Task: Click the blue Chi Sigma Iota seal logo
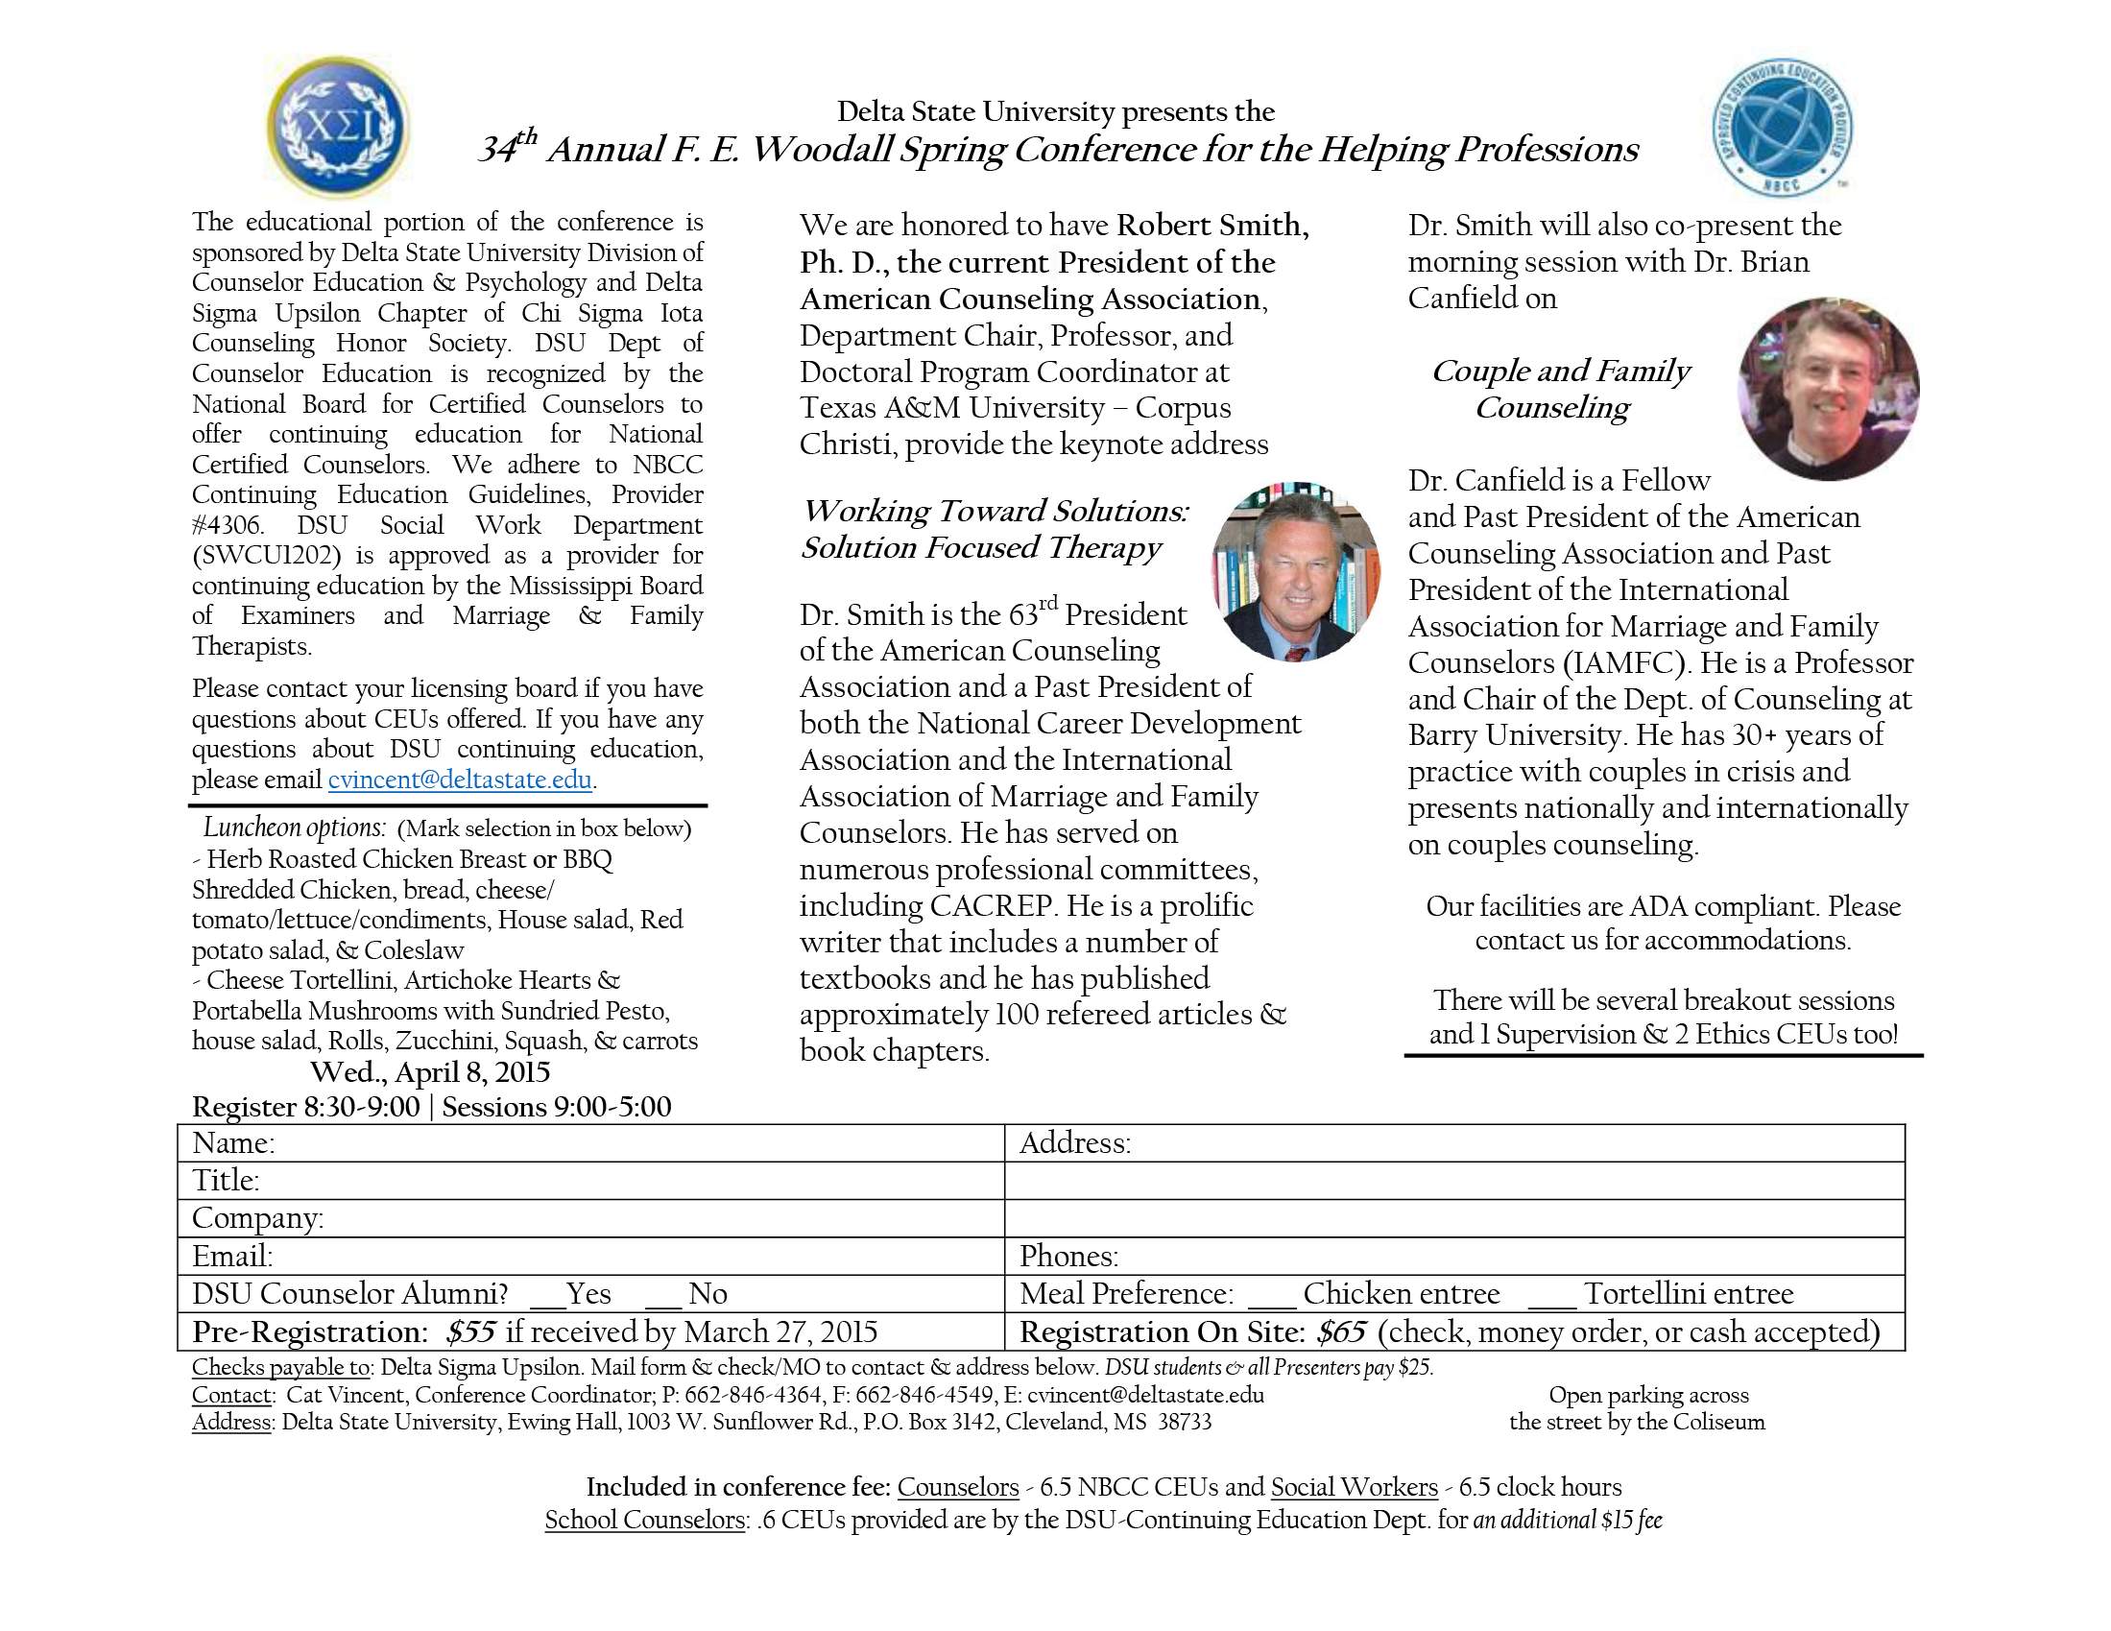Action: [337, 127]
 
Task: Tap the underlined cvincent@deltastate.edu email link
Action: [459, 780]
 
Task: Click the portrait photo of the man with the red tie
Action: [1295, 570]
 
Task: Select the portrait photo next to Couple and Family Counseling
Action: [1828, 389]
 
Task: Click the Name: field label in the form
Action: [234, 1143]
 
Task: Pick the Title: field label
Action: [227, 1181]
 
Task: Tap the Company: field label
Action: [258, 1218]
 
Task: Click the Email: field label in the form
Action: [233, 1256]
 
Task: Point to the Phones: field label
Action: [1069, 1256]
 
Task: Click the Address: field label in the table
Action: [1075, 1143]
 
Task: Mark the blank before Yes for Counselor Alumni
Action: [547, 1297]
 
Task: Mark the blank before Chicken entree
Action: [1270, 1297]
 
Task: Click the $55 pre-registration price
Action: [470, 1332]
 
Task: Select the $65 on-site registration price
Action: [1341, 1332]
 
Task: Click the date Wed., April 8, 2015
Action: [430, 1072]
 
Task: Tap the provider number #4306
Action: [227, 525]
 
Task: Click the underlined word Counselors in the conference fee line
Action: [958, 1487]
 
